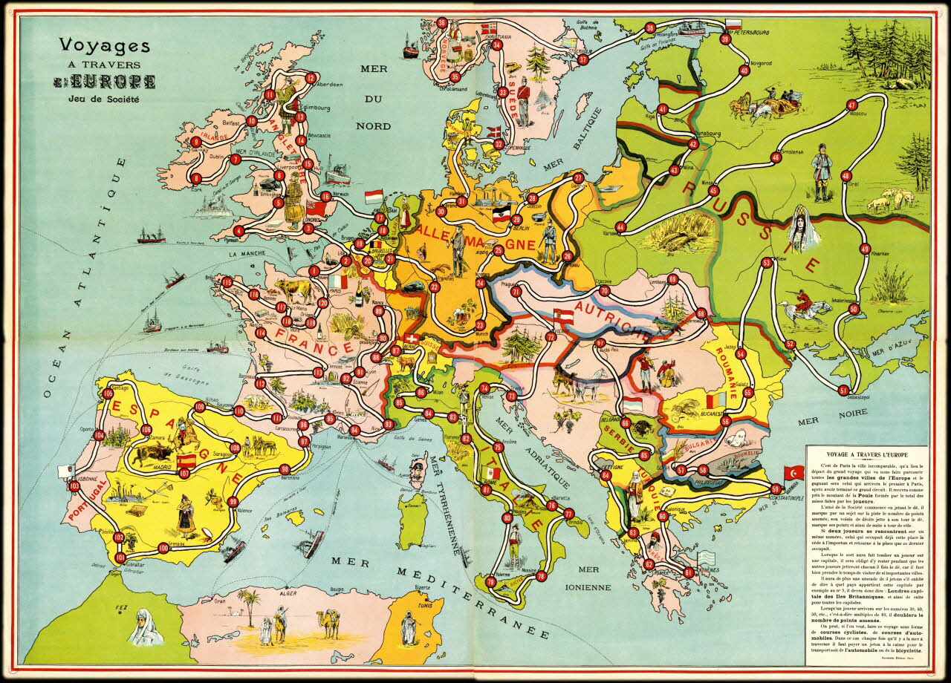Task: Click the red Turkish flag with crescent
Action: (x=792, y=472)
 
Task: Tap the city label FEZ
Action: (x=117, y=608)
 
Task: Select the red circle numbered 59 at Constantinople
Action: (x=776, y=488)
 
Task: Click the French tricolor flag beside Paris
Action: (x=339, y=282)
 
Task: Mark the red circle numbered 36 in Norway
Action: (x=442, y=22)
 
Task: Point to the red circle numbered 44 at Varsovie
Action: (x=621, y=226)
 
